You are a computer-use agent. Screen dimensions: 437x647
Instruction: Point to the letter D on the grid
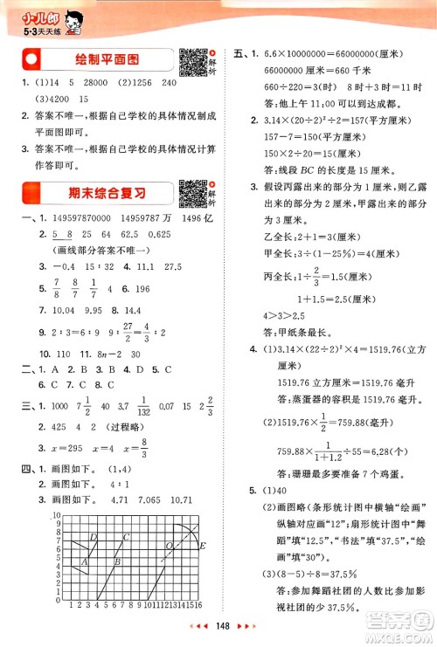[x=93, y=537]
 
